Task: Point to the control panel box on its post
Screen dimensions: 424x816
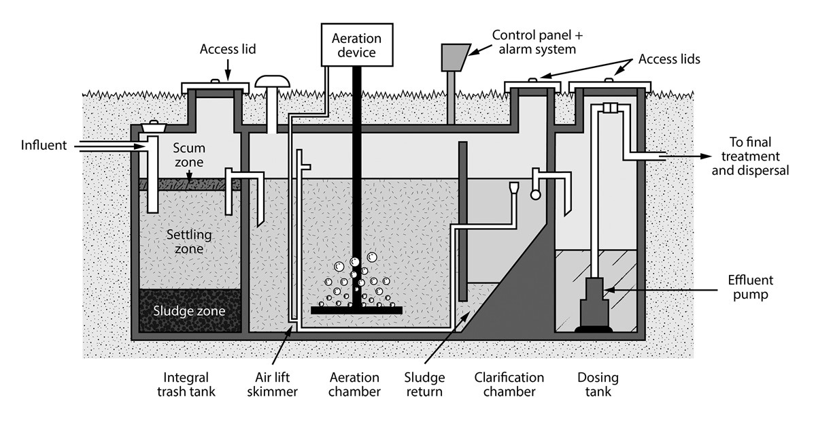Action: click(454, 57)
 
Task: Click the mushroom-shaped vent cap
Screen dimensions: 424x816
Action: click(271, 82)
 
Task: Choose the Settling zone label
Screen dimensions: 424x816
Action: click(189, 242)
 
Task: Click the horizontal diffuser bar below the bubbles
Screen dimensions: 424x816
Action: click(356, 310)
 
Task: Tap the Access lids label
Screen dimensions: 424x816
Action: click(669, 59)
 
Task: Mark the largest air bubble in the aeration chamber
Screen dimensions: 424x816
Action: click(354, 262)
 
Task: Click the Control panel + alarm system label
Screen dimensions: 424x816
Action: click(534, 42)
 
